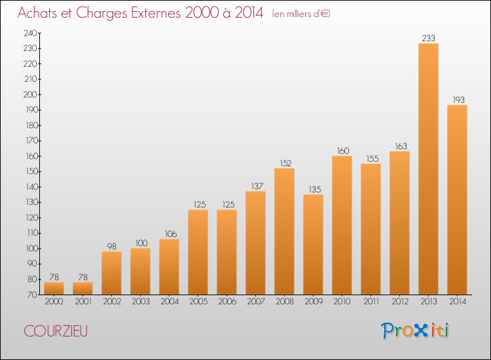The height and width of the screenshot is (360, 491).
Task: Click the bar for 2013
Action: tap(428, 169)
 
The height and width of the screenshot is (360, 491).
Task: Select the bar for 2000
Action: tap(54, 288)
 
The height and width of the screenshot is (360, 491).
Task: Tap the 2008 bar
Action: tap(284, 231)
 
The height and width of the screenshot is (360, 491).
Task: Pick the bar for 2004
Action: tap(169, 266)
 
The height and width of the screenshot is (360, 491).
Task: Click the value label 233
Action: tap(428, 38)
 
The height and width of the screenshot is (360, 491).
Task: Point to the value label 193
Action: tap(458, 100)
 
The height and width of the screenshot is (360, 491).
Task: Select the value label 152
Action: tap(285, 163)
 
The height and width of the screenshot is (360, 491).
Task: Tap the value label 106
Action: tap(171, 234)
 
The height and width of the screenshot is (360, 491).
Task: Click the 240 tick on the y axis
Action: tap(30, 33)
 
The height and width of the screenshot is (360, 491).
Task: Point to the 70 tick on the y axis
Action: tap(32, 295)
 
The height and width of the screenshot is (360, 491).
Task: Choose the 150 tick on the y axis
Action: tap(31, 171)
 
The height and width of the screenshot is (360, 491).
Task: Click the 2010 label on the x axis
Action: tap(342, 301)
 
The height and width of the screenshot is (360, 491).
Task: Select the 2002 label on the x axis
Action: tap(112, 301)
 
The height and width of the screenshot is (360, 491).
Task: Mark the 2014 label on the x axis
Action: tap(458, 301)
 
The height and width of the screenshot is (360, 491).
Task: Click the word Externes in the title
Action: tap(156, 12)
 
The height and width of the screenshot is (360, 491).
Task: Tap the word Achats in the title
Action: tap(37, 12)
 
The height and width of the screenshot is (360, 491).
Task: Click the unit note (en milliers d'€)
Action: tap(301, 14)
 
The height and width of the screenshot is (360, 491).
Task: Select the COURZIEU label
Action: tap(56, 331)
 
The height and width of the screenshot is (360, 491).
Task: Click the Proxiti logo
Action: tap(415, 331)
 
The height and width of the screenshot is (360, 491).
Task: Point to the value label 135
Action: tap(315, 189)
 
